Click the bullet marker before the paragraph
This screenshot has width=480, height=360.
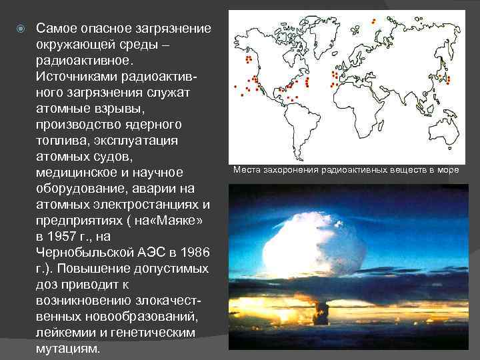click(21, 29)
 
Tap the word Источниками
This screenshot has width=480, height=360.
click(76, 77)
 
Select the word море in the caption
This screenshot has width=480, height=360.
click(447, 170)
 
